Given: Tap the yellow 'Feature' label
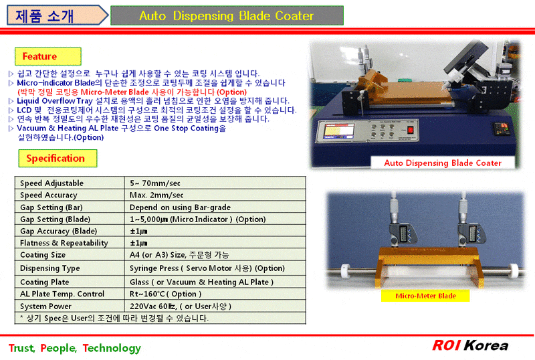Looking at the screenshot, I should [x=40, y=56].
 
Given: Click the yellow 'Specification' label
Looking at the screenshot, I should [x=56, y=159].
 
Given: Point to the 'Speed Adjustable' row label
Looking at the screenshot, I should [x=52, y=183].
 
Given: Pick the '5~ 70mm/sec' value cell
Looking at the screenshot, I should [x=156, y=183].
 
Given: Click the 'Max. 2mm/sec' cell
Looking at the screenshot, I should [x=156, y=195].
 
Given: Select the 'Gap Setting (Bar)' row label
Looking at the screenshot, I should [x=51, y=207].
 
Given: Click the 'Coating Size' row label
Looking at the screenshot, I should [x=43, y=255].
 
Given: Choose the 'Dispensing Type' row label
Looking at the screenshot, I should [x=50, y=268].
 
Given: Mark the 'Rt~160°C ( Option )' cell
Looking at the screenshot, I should [x=165, y=294].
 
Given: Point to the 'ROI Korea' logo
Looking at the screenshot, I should [x=470, y=345].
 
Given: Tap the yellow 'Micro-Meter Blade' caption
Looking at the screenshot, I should [x=426, y=296].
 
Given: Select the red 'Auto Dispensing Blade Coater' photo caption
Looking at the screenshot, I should [x=443, y=163].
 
